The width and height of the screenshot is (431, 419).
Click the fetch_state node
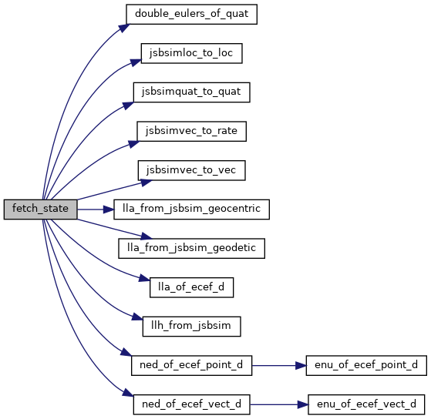tap(40, 209)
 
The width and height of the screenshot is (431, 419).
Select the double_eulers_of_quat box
tap(191, 14)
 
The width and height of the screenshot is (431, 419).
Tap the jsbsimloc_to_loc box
tap(191, 53)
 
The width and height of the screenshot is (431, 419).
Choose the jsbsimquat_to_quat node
tap(191, 92)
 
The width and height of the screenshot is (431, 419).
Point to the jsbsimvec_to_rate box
tap(191, 131)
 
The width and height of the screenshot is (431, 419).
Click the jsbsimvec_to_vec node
tap(191, 170)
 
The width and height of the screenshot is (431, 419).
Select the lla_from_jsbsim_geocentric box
tap(191, 209)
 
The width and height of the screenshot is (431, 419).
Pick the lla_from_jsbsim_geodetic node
tap(191, 249)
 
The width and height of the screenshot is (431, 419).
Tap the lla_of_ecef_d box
tap(191, 287)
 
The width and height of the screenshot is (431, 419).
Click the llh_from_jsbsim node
tap(191, 327)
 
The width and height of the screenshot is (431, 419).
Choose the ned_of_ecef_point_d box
tap(191, 365)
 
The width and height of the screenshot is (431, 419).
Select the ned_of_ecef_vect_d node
tap(191, 404)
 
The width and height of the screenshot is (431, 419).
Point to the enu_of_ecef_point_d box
tap(366, 365)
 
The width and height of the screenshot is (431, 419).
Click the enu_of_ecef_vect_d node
tap(366, 404)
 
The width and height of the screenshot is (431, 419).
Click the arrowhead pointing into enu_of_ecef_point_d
tap(301, 366)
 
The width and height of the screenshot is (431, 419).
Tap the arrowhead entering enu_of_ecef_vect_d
tap(303, 404)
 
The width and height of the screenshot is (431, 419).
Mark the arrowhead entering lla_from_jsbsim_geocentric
tap(109, 209)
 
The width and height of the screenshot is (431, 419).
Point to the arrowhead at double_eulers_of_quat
tap(124, 28)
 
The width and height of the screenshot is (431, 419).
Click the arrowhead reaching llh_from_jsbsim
tap(137, 317)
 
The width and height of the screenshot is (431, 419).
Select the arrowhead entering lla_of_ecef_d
tap(144, 278)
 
